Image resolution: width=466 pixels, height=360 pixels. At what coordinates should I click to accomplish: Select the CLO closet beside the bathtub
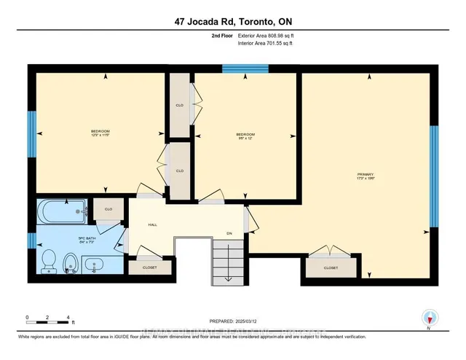click(107, 210)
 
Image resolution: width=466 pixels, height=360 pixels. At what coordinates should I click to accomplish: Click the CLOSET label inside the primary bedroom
click(331, 267)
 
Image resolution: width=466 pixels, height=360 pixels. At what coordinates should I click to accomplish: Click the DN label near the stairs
click(228, 234)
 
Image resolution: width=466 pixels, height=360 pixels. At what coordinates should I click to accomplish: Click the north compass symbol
click(428, 318)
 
